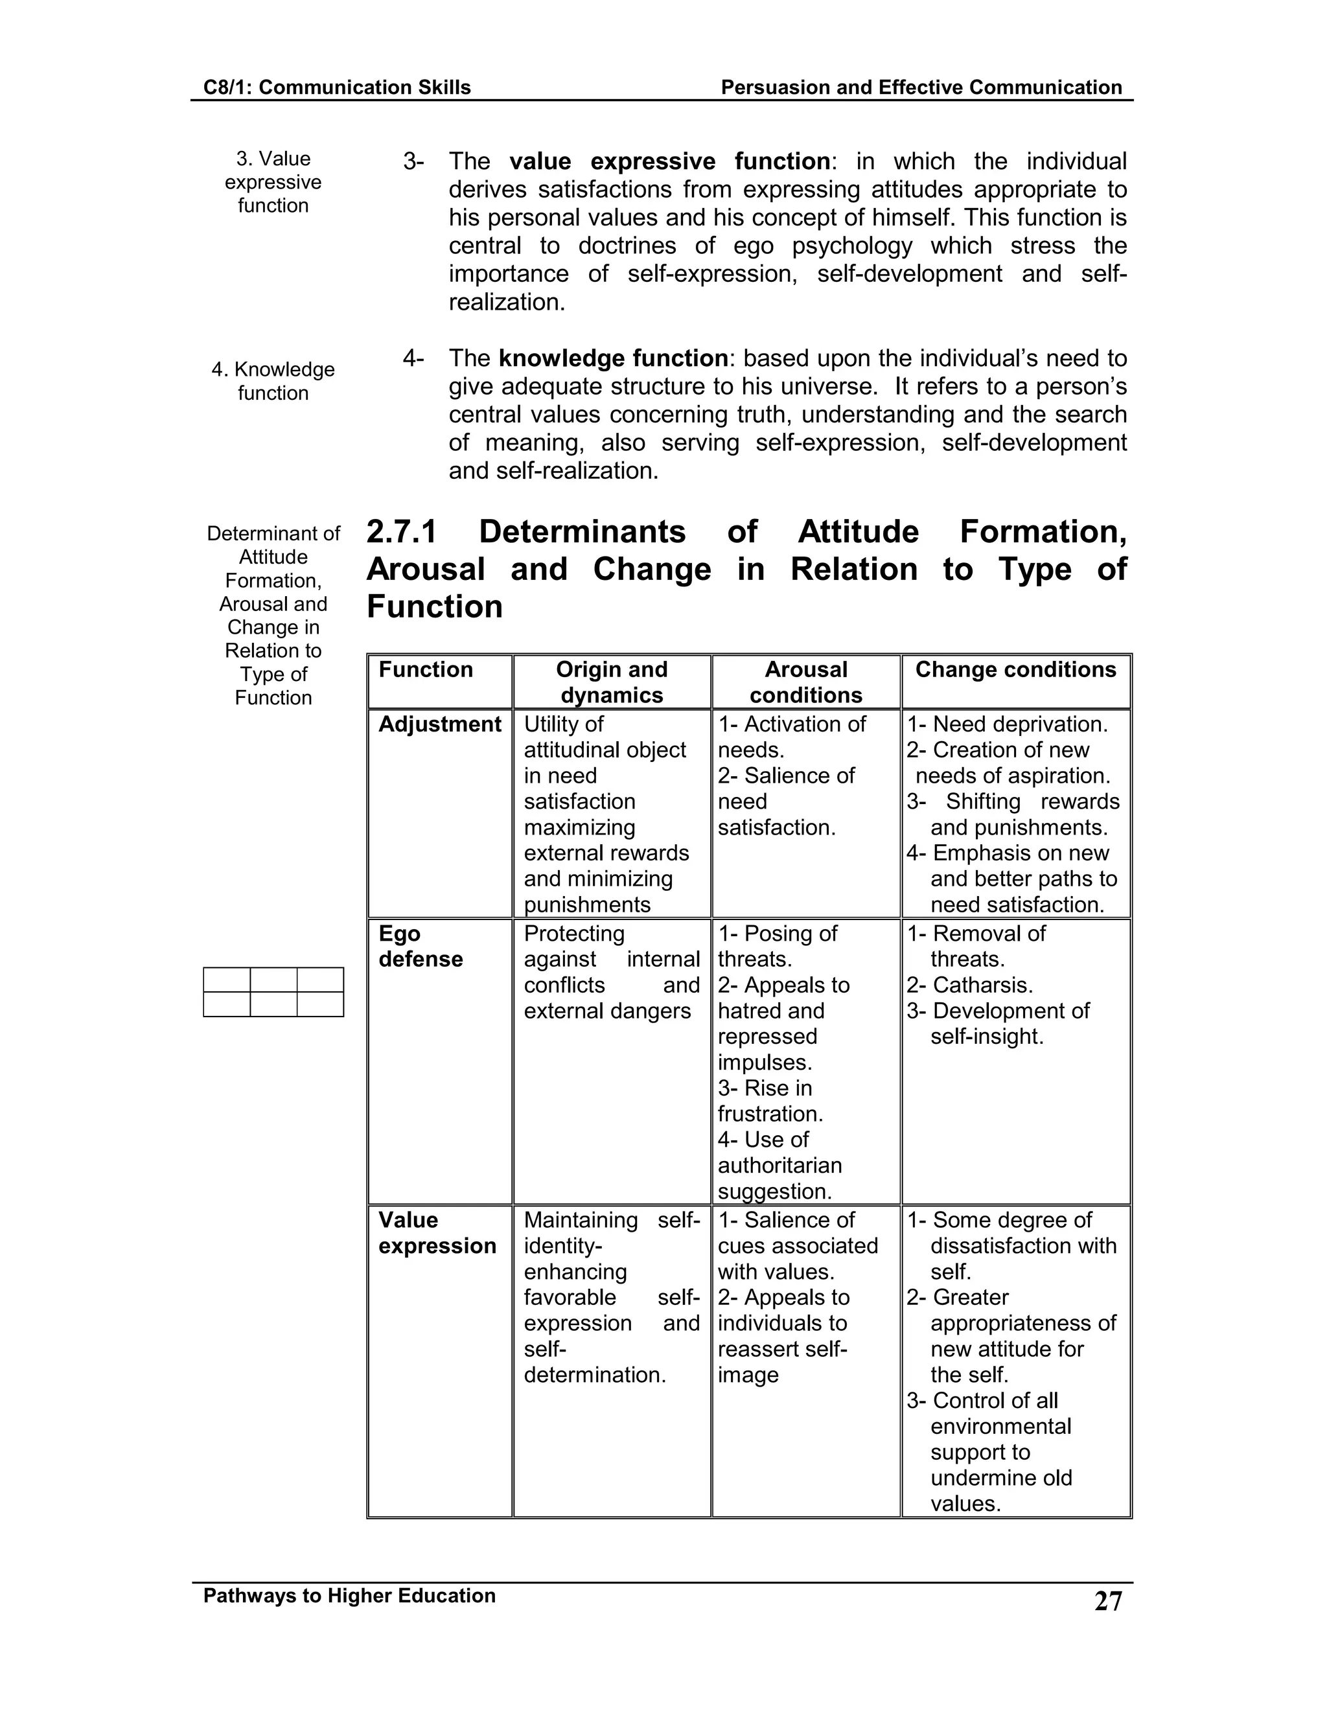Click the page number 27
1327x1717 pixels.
pos(1107,1600)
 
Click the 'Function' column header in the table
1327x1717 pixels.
pos(425,670)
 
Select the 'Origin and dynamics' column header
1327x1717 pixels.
pos(612,682)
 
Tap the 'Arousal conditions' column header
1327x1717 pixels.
pos(806,682)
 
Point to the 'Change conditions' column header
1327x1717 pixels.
pos(1015,670)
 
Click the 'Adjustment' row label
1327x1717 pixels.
pos(439,724)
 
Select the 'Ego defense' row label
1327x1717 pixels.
pos(421,947)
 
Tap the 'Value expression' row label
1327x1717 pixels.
pos(437,1233)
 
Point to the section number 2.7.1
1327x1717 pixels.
pos(402,532)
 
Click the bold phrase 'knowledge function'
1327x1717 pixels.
pos(613,358)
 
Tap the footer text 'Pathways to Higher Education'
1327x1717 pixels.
pos(349,1595)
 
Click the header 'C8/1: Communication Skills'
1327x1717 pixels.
pos(336,87)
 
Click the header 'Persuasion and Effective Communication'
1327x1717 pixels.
pos(921,87)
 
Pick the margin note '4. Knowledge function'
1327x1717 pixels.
pos(273,381)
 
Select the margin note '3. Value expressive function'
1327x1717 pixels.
pos(273,181)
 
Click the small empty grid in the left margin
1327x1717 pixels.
pos(273,991)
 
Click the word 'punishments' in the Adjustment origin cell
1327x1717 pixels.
pos(586,905)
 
